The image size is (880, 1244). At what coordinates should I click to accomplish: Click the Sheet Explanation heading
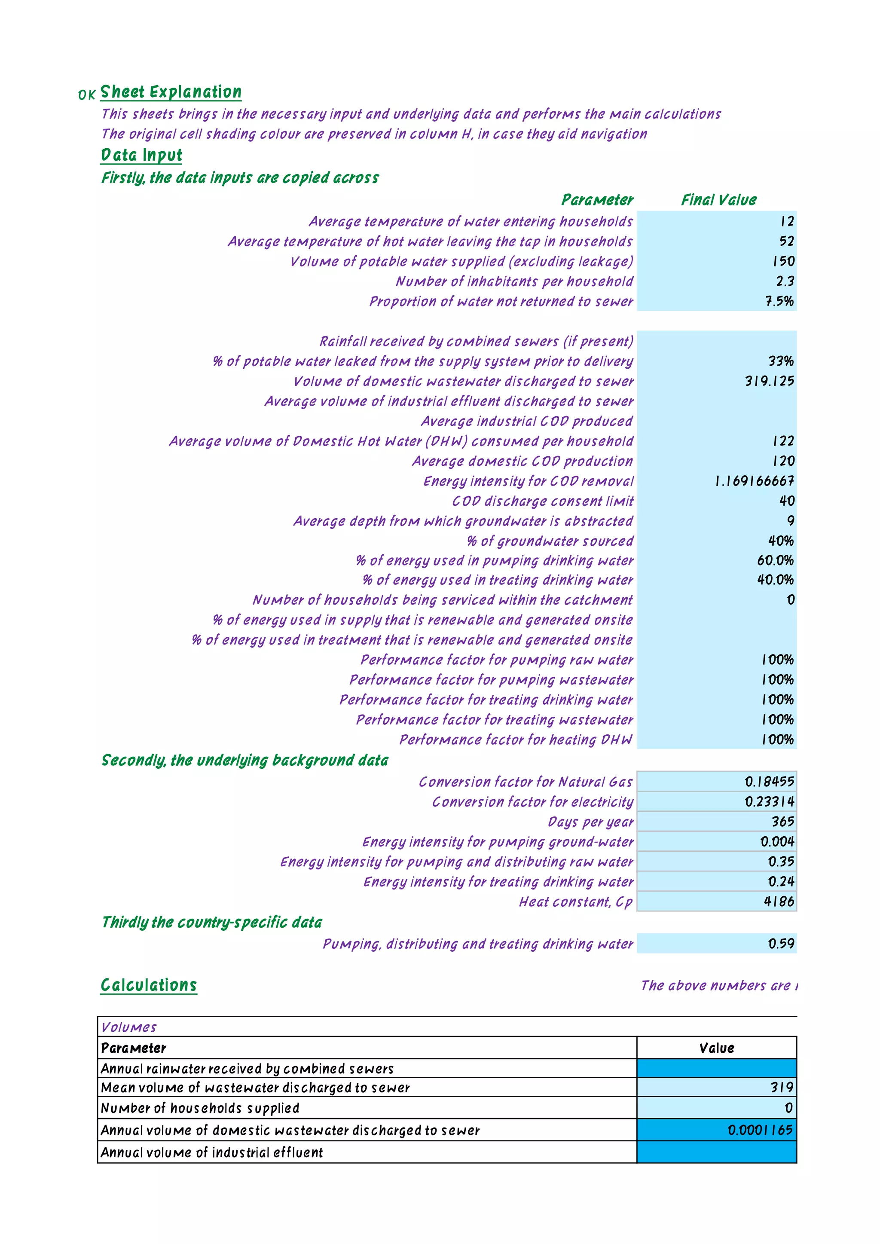(x=171, y=92)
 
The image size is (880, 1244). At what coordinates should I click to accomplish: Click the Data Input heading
(x=141, y=156)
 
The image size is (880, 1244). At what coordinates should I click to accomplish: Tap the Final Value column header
(x=718, y=200)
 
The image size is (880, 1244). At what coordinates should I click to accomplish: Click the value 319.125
(x=770, y=382)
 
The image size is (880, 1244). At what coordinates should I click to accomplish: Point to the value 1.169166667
(x=754, y=481)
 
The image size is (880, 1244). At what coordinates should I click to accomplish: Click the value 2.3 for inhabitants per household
(x=785, y=281)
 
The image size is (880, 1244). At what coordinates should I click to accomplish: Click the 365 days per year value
(x=782, y=822)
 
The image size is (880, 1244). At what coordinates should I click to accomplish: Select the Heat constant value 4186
(x=779, y=902)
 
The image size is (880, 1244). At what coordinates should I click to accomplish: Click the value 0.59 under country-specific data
(x=781, y=944)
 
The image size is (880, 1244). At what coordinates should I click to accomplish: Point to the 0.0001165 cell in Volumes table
(x=760, y=1130)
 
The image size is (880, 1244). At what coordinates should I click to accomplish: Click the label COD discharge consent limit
(x=542, y=501)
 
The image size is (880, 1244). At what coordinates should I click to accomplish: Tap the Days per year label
(x=590, y=822)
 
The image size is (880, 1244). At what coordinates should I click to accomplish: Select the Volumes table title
(x=129, y=1027)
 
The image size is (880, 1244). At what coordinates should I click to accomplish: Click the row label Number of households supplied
(x=200, y=1109)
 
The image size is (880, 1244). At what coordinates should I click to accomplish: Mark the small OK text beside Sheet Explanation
(x=87, y=95)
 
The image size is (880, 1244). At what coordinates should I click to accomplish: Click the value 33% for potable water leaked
(x=780, y=361)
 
